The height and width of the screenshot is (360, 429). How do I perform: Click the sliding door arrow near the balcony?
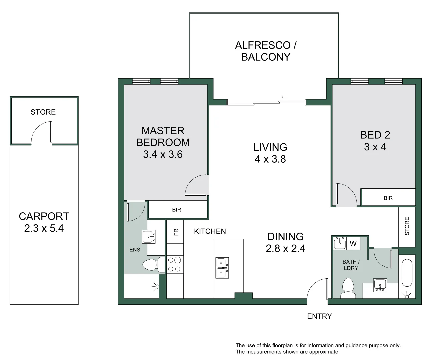pos(291,97)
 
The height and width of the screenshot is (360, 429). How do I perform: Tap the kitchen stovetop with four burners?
pos(174,264)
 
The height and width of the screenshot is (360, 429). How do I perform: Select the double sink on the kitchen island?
pos(222,268)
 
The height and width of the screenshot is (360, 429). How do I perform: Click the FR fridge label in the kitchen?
pos(176,232)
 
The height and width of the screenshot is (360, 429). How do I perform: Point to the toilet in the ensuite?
pos(153,265)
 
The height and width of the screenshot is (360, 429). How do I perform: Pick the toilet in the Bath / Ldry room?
pos(348,288)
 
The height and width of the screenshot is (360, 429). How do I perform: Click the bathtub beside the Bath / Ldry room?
pos(407,273)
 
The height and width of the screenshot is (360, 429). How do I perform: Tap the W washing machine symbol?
pos(353,243)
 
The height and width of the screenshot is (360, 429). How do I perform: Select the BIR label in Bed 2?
pos(388,198)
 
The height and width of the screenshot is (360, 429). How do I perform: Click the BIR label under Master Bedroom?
pos(176,210)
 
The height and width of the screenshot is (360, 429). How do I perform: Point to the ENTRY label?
pos(319,316)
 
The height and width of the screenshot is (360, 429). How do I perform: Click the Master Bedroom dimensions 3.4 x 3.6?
pos(163,154)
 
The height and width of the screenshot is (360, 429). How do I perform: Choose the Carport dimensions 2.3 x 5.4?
pos(44,228)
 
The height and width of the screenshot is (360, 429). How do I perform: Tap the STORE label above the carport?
pos(43,112)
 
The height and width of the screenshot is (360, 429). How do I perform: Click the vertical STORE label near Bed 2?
pos(407,226)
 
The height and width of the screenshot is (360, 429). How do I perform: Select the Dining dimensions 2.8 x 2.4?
pos(285,248)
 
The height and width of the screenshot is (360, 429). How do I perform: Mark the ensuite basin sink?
pos(149,237)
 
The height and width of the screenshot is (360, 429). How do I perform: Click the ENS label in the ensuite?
pos(135,250)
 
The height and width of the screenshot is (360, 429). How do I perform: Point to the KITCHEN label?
pos(210,231)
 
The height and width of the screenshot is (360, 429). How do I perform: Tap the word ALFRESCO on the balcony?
pos(263,45)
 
